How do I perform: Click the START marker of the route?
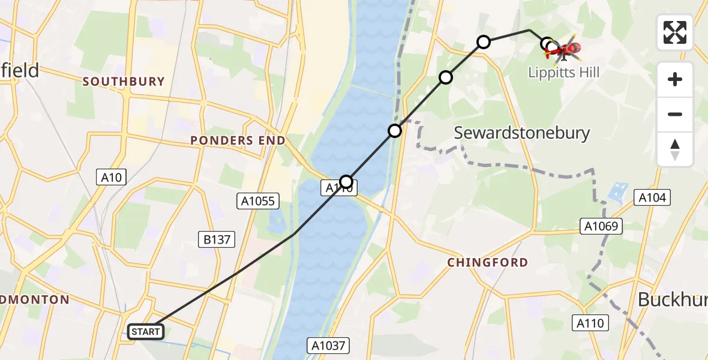(146, 331)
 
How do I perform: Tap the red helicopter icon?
(564, 50)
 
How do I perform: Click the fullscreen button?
(675, 32)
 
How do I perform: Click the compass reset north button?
(675, 149)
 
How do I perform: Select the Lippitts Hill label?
(563, 73)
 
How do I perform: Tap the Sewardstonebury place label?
(522, 133)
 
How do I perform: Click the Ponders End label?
(238, 140)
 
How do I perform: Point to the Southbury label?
(124, 82)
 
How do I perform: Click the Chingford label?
(488, 262)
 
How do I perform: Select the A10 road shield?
(111, 177)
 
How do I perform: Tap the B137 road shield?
(217, 239)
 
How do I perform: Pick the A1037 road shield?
(328, 346)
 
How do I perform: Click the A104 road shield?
(652, 197)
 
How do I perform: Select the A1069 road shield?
(601, 226)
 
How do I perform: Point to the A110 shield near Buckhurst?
(590, 323)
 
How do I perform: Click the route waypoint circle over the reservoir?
(346, 181)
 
